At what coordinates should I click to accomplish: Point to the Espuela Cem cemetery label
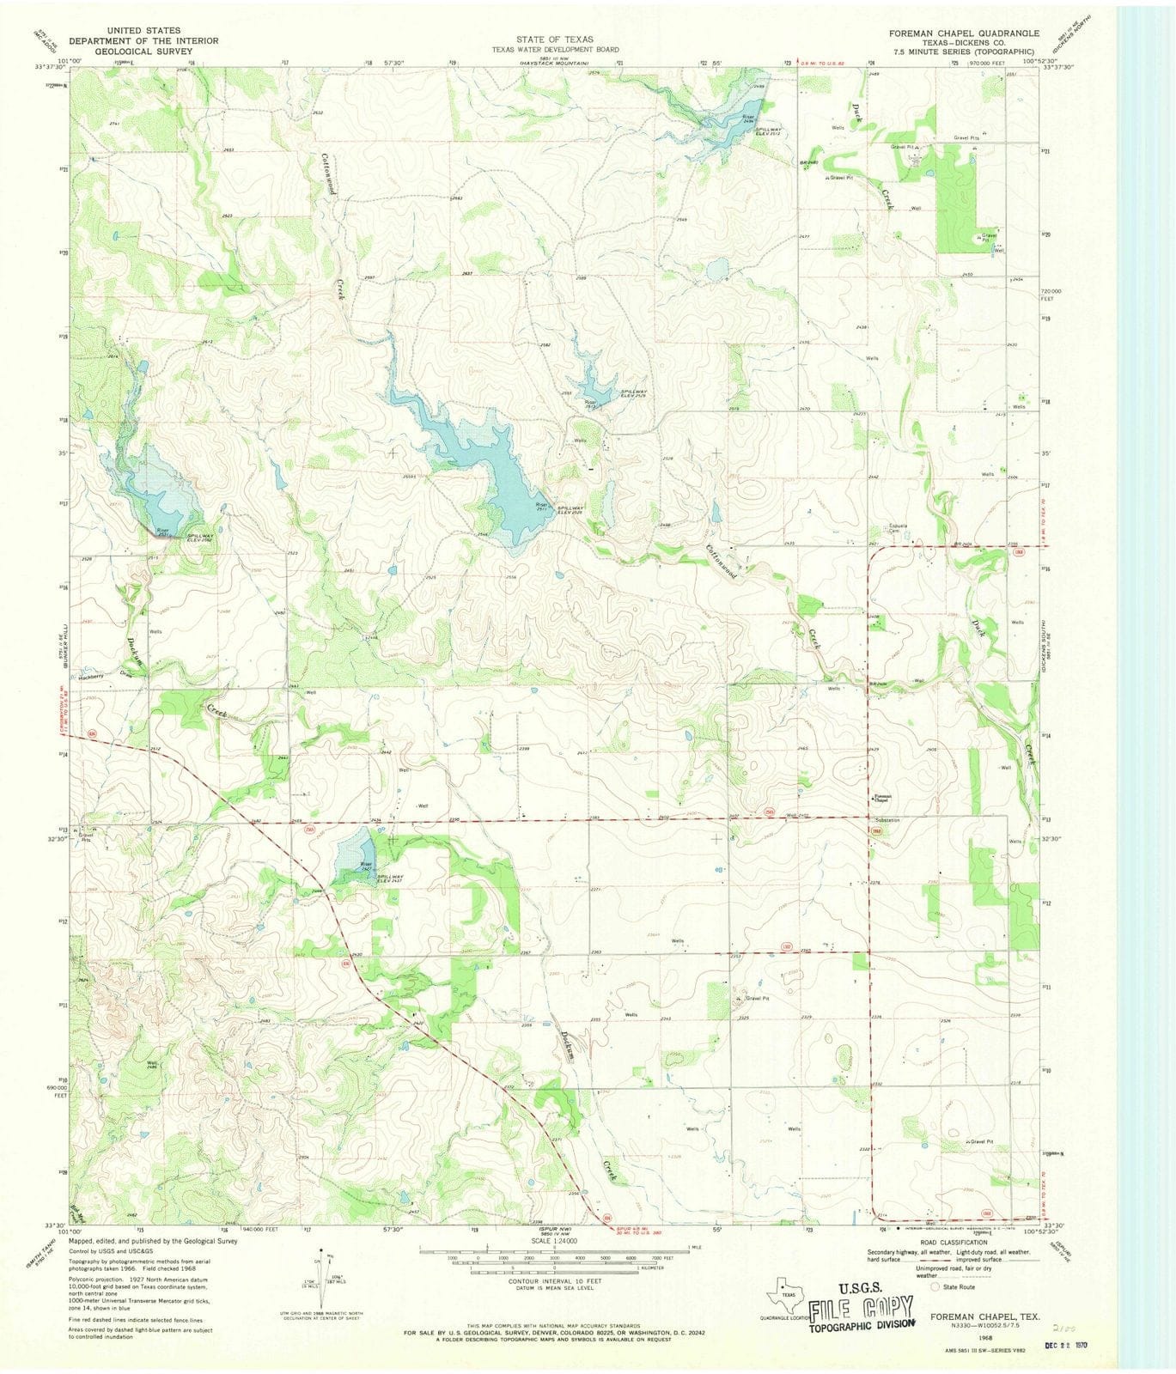point(899,531)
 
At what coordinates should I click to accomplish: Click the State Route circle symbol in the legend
point(935,1286)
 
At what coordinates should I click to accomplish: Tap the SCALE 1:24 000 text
point(554,1242)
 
